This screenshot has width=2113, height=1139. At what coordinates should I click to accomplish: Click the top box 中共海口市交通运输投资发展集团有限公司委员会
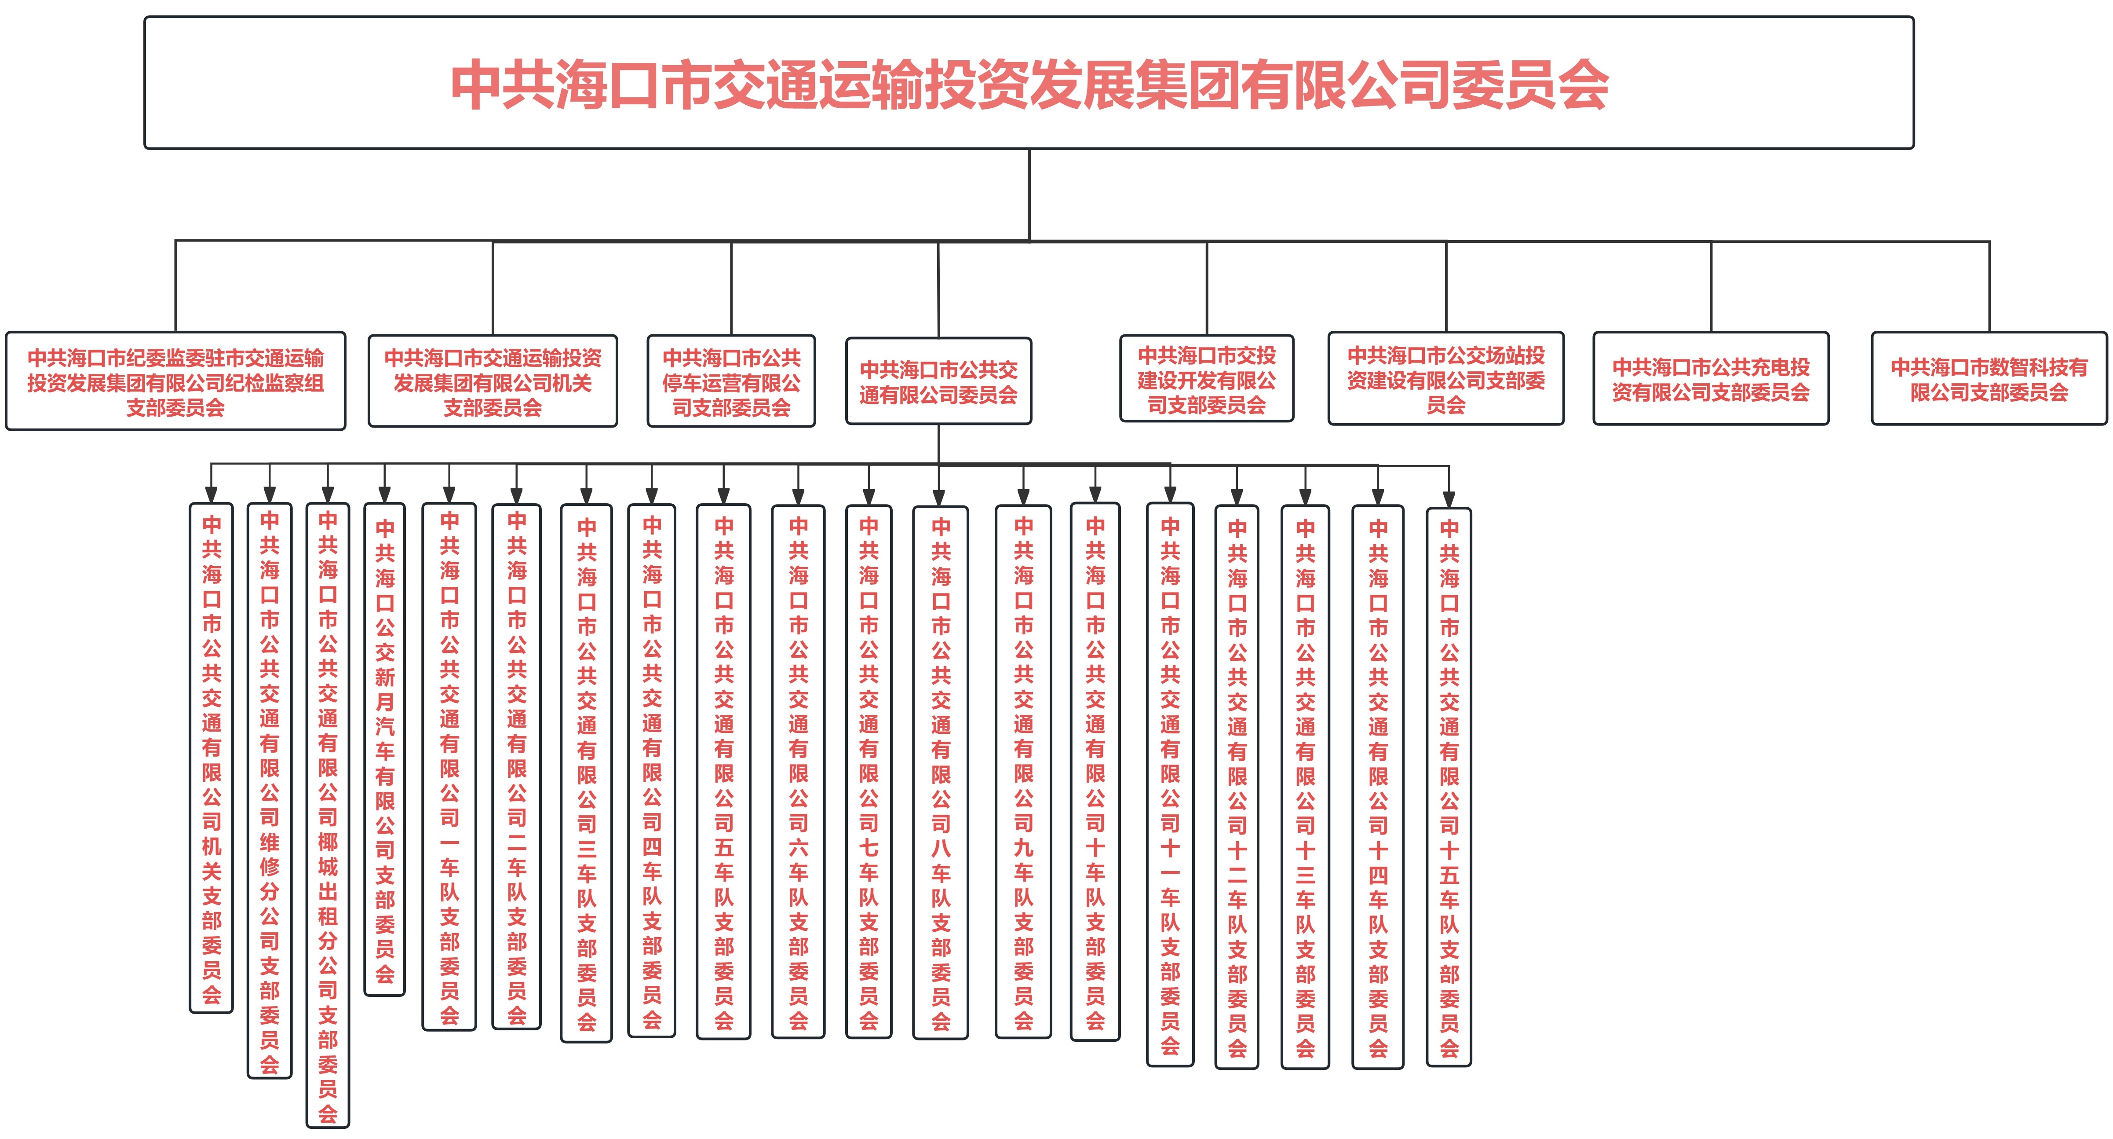coord(1029,83)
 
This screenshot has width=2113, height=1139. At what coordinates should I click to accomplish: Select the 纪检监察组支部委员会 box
coord(175,381)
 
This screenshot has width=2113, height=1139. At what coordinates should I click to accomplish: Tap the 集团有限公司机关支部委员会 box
coord(492,381)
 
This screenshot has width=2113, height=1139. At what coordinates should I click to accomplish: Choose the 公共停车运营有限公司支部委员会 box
coord(731,381)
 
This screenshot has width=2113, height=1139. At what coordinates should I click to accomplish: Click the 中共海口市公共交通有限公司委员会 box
coord(938,381)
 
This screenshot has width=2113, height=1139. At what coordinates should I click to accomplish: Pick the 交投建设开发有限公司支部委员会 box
coord(1207,379)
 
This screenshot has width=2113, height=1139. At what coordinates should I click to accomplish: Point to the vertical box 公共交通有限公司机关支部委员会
coord(212,758)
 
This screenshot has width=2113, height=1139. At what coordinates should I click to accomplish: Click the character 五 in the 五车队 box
coord(723,847)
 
